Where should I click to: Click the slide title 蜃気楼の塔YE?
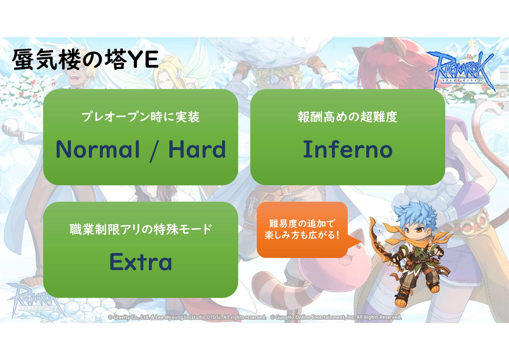pos(85,60)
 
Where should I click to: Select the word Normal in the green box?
pos(98,149)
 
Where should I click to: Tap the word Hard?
pos(197,149)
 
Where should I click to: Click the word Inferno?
pos(348,149)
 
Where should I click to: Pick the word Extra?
pos(141,262)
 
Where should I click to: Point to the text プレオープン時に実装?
pos(141,117)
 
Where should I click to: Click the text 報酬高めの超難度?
pos(348,117)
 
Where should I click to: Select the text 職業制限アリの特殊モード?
pos(141,229)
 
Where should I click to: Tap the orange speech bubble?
pos(302,230)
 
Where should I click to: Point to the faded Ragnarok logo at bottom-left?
pos(34,299)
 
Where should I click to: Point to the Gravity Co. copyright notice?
pos(187,317)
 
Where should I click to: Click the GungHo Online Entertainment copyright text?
pos(336,317)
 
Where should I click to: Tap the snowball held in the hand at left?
pos(11,125)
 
